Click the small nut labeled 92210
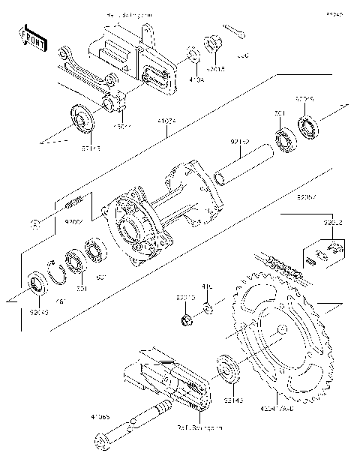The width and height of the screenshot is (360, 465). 184,322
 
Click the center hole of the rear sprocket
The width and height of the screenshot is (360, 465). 279,330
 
